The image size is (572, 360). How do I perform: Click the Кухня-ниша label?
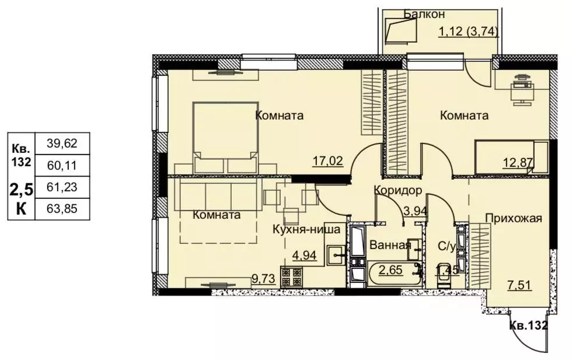tap(306, 229)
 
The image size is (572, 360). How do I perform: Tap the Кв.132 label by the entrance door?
tap(528, 326)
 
